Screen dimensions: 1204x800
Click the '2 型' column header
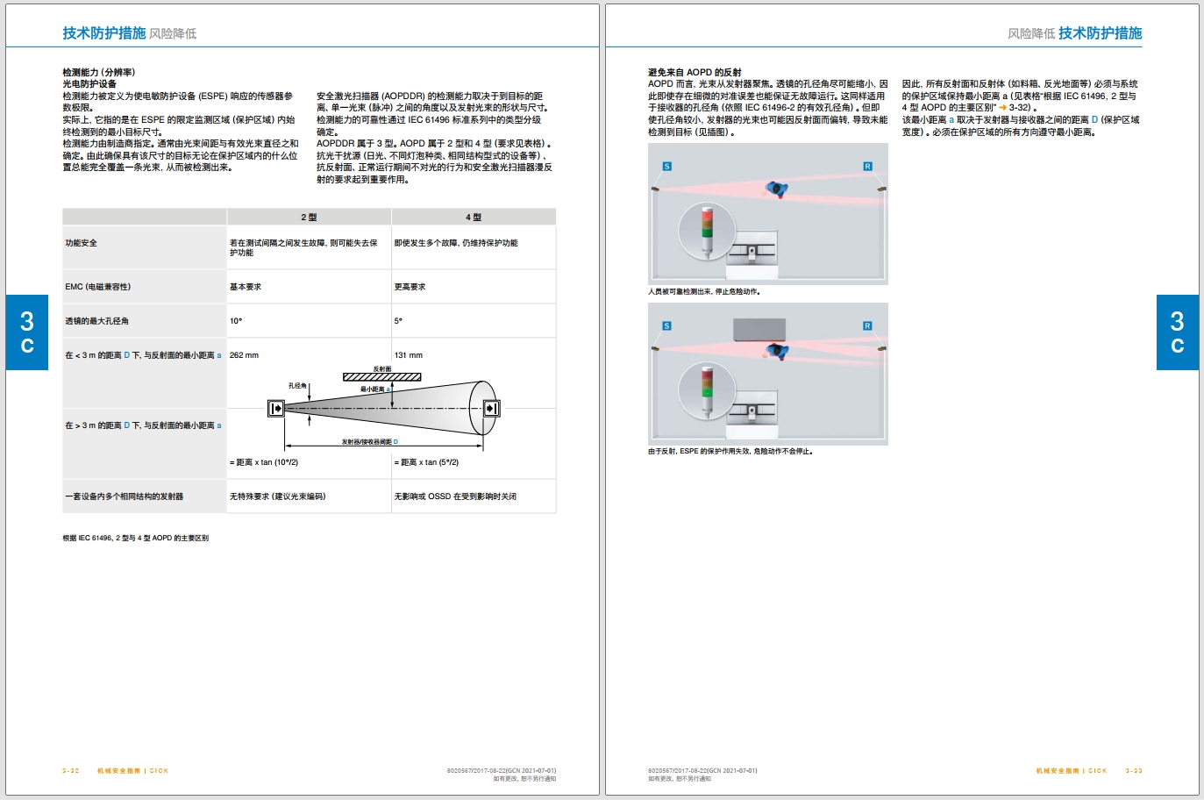[x=309, y=218]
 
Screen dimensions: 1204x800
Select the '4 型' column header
[x=473, y=218]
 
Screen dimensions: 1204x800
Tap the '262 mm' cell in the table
[x=244, y=355]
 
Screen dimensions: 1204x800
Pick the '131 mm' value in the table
[x=409, y=355]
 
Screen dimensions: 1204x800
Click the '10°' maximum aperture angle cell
[x=236, y=321]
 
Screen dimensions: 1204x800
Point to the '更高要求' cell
[x=410, y=287]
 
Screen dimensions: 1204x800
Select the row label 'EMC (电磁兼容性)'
[x=98, y=287]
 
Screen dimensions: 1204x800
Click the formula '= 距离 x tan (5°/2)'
[x=426, y=462]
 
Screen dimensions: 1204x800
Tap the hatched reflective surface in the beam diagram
[x=382, y=377]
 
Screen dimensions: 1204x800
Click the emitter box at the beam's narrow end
[x=275, y=409]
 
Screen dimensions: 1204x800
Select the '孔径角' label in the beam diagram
[x=297, y=385]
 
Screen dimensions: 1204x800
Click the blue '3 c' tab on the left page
[x=27, y=332]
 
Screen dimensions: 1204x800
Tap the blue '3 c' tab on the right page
[x=1177, y=332]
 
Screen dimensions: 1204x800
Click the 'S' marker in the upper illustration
[x=667, y=166]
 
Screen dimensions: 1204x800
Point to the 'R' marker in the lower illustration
[x=867, y=325]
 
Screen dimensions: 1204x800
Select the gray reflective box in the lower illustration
[x=759, y=329]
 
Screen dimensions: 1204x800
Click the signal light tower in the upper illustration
[x=707, y=232]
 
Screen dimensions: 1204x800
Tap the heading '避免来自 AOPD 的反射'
[x=695, y=72]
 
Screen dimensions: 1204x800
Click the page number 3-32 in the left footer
[x=70, y=770]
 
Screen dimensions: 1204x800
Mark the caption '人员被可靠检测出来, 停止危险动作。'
[x=704, y=291]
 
